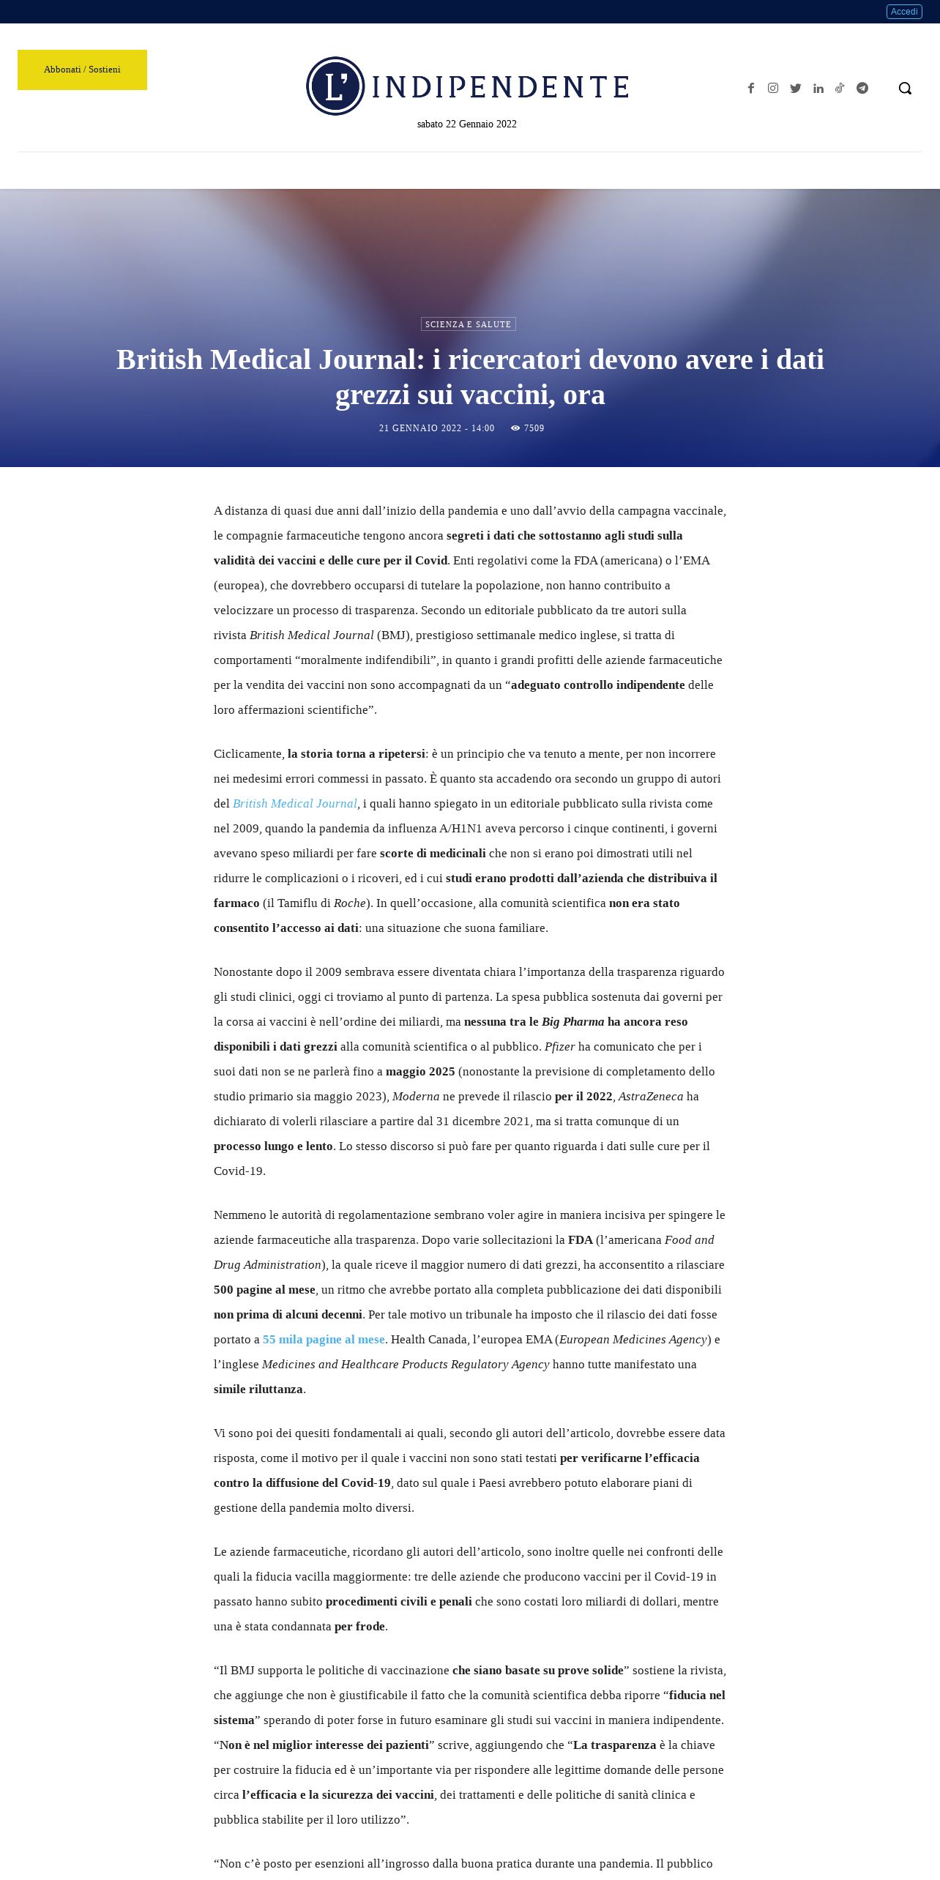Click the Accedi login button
904,12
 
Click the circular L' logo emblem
335,86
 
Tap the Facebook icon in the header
750,89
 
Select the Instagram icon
773,89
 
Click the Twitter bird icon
796,89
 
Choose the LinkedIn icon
818,89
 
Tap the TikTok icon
840,89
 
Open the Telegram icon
862,89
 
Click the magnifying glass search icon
905,89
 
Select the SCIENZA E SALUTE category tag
469,324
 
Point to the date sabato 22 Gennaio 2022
467,124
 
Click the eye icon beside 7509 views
515,428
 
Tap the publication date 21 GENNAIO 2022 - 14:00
436,428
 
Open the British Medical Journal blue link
295,804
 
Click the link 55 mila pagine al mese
324,1340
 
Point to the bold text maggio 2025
420,1072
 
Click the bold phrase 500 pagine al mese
264,1290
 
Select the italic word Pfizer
560,1047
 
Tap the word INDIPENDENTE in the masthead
501,87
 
